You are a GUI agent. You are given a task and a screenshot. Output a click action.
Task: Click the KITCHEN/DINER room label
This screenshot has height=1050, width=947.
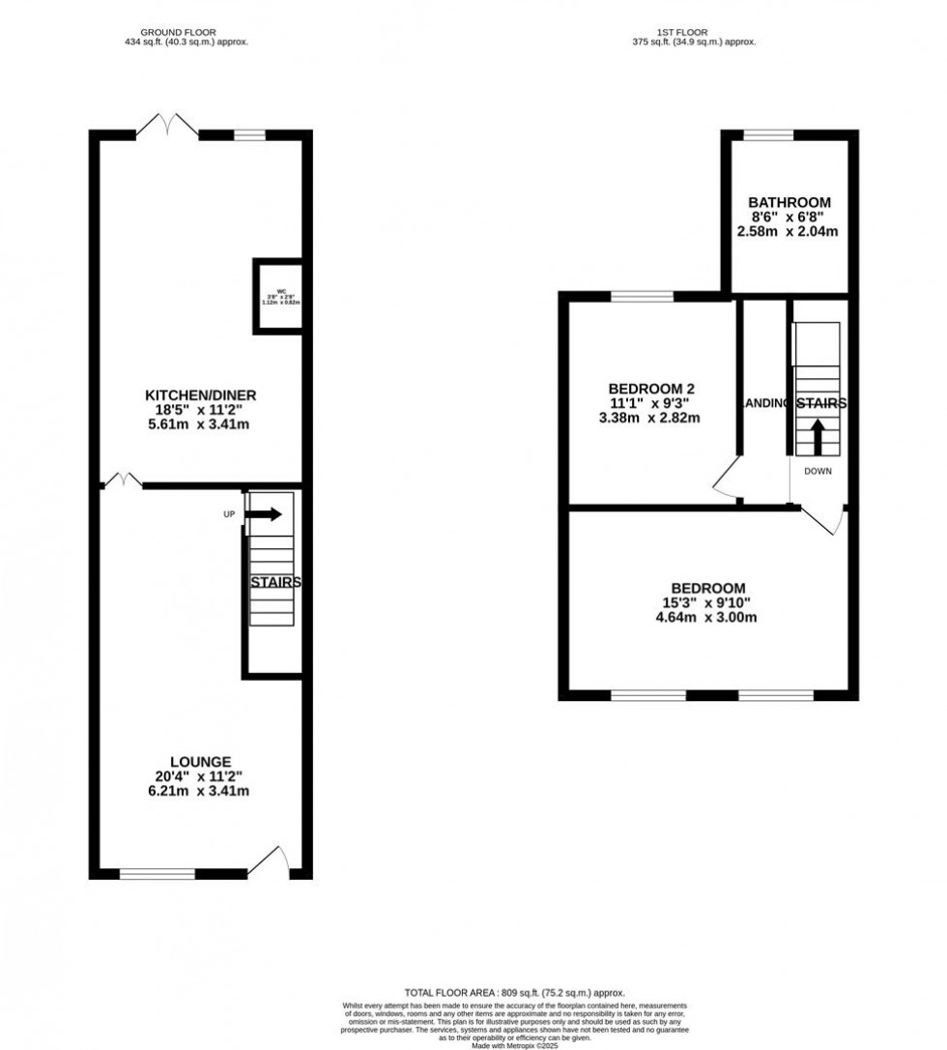point(200,395)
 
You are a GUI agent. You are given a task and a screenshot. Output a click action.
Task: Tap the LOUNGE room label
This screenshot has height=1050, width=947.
point(200,762)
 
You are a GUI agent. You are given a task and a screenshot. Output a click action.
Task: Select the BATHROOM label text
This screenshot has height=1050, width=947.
point(789,202)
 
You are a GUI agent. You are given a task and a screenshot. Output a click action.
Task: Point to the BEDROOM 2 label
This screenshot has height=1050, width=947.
point(645,389)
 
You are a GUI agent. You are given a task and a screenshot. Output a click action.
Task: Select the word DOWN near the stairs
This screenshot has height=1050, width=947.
point(817,472)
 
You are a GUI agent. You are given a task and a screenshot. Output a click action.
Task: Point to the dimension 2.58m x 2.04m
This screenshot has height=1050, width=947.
point(789,232)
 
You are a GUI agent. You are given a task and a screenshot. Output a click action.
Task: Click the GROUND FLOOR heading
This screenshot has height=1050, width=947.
point(178,32)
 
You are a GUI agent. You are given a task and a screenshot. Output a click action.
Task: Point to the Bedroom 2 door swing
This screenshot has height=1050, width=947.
point(726,480)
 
